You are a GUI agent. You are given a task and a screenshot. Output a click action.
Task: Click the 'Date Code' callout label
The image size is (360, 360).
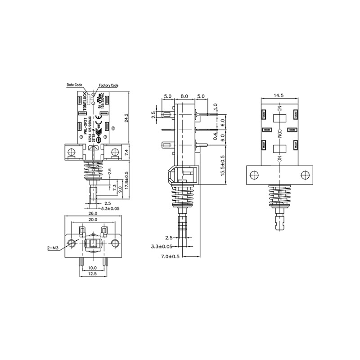[74, 85]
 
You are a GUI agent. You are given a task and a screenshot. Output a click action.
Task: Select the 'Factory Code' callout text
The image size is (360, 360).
[108, 85]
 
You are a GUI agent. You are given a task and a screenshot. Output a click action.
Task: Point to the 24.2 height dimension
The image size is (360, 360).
[129, 118]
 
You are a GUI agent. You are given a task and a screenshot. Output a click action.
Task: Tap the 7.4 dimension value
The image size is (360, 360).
[129, 152]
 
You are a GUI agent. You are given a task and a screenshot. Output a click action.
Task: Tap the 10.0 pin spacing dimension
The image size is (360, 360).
[93, 268]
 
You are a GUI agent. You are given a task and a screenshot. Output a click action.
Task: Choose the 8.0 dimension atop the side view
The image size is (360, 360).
[184, 96]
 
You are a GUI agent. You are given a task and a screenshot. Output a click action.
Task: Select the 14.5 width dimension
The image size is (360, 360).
[279, 95]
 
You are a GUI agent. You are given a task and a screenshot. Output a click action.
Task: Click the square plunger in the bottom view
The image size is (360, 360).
[93, 244]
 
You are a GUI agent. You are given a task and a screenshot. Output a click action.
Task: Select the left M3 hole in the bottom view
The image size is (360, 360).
[71, 243]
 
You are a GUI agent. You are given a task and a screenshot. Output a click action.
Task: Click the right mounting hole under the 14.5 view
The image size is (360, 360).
[305, 174]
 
